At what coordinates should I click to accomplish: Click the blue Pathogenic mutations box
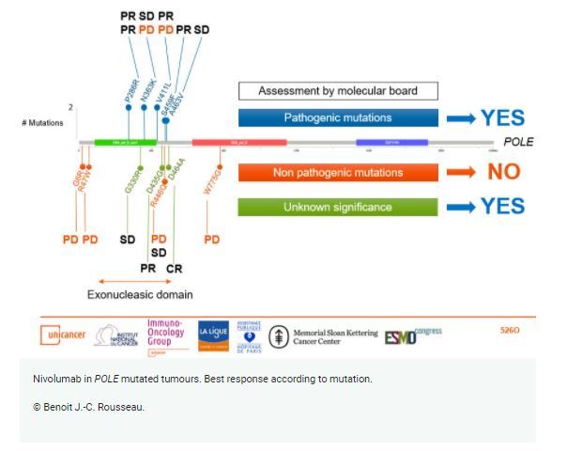coord(337,118)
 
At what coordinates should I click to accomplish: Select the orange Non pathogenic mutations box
coord(337,173)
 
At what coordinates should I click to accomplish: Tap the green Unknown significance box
coord(337,207)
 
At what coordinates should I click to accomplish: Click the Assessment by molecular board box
coord(337,91)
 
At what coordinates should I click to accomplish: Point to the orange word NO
coord(503,173)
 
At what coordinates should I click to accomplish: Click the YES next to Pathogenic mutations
coord(502,118)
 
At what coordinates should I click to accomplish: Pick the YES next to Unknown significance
coord(502,207)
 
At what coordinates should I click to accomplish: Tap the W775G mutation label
coord(213,176)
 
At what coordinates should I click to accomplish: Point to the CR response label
coord(174,269)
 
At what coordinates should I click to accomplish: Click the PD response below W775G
coord(212,240)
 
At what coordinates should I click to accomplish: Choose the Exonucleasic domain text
coord(140,295)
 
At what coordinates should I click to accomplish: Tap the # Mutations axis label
coord(41,123)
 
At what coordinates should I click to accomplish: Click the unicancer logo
coord(64,335)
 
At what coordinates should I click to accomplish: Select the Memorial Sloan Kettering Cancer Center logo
coord(324,336)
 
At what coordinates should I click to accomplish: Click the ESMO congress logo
coord(413,334)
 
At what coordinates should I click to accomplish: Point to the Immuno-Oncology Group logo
coord(166,334)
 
